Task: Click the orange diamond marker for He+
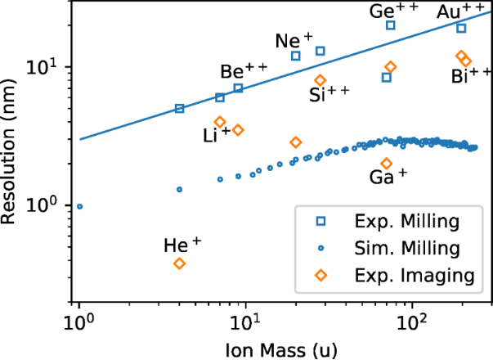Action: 179,263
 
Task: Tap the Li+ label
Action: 217,136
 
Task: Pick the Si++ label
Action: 329,93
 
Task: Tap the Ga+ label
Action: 389,177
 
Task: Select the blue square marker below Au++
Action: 461,28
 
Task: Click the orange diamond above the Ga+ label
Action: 387,163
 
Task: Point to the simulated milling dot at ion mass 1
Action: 79,206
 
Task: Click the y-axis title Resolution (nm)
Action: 11,155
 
